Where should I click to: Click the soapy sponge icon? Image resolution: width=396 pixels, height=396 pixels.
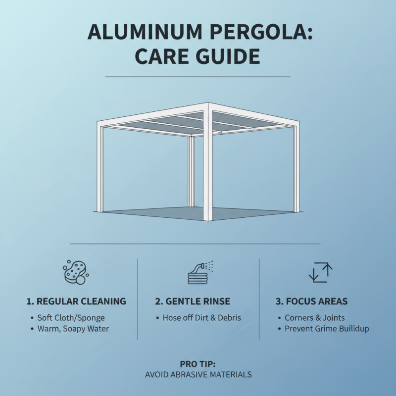click(76, 271)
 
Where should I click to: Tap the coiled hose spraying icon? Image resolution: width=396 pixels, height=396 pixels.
click(199, 272)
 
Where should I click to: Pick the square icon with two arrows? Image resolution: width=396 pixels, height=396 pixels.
click(320, 272)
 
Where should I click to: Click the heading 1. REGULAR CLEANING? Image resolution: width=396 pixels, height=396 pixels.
click(76, 301)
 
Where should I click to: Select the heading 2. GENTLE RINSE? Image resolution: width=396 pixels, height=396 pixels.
click(193, 301)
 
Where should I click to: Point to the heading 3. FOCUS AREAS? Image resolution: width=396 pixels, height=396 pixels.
click(311, 301)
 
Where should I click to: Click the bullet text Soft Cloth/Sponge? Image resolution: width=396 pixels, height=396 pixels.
click(71, 318)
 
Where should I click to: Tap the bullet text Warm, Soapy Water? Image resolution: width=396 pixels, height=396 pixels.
click(73, 329)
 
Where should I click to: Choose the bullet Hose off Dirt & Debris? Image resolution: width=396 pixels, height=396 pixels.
click(201, 318)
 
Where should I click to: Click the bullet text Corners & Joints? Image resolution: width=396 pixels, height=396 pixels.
click(314, 318)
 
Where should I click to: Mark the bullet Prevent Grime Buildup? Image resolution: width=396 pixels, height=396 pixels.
click(327, 329)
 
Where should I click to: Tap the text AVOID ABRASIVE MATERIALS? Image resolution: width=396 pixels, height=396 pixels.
click(198, 375)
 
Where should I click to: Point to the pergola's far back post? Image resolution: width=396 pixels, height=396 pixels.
click(191, 171)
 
